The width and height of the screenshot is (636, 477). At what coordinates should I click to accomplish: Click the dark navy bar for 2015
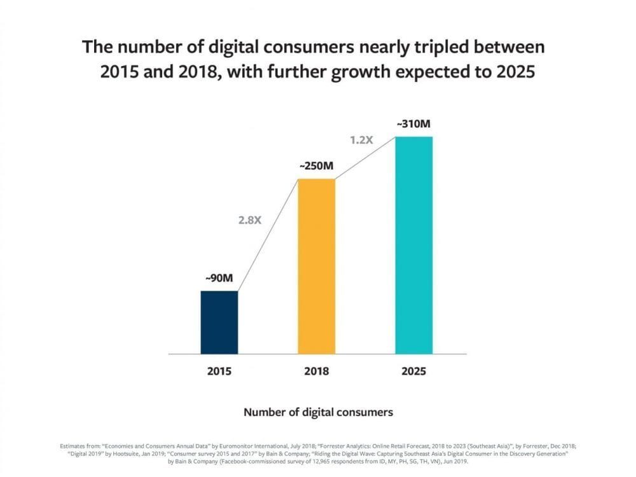(x=219, y=322)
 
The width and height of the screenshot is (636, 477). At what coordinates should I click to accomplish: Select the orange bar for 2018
(x=317, y=266)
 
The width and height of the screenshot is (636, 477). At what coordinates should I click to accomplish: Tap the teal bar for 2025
(x=414, y=245)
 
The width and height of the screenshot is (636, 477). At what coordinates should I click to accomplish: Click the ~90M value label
(x=219, y=279)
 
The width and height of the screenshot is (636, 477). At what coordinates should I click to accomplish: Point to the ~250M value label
(x=316, y=166)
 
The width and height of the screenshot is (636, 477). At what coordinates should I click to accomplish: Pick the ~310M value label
(x=414, y=124)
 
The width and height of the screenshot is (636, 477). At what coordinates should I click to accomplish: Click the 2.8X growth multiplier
(x=250, y=220)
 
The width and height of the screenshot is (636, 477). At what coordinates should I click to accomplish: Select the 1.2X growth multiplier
(x=361, y=141)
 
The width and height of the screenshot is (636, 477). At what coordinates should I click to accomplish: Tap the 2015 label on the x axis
(x=219, y=371)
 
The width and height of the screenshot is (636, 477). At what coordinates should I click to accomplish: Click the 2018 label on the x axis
(x=316, y=371)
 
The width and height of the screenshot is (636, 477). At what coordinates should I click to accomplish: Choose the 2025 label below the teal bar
(x=414, y=371)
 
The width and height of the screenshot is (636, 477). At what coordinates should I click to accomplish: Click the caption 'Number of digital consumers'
(x=319, y=413)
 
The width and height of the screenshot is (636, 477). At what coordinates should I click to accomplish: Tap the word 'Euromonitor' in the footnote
(x=237, y=446)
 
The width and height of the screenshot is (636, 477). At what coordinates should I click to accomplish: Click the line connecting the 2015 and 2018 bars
(x=268, y=235)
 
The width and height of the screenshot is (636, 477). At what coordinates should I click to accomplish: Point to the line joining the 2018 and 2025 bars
(x=366, y=158)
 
